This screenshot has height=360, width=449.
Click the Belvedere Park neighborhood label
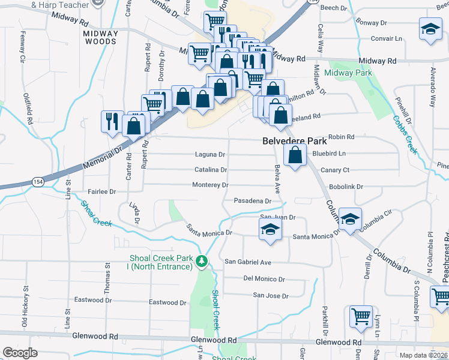point(295,142)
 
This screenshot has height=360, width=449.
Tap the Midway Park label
point(348,73)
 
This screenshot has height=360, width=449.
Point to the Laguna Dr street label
point(209,155)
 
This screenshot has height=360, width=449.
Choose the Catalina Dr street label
point(210,170)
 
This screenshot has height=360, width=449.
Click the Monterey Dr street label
point(209,185)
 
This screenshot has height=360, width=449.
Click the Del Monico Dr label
point(264,279)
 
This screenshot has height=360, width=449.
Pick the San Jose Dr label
point(270,295)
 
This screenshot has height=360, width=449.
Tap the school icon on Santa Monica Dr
point(270,229)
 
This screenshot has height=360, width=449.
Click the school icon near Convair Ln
point(430,30)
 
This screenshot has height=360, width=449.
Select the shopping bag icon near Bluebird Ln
point(295,156)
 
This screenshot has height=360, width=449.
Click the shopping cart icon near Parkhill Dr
point(361,316)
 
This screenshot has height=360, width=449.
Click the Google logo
point(20,353)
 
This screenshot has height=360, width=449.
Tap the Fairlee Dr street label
point(101,191)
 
